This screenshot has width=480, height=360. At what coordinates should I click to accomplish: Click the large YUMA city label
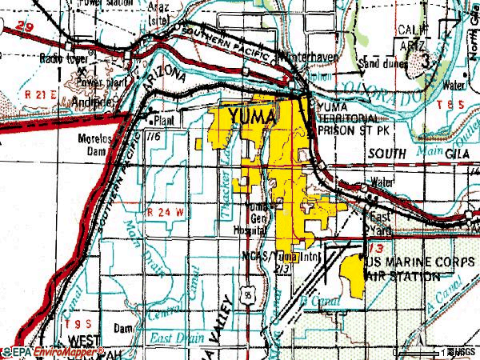click(x=252, y=118)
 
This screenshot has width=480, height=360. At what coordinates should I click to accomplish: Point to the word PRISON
click(x=338, y=128)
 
